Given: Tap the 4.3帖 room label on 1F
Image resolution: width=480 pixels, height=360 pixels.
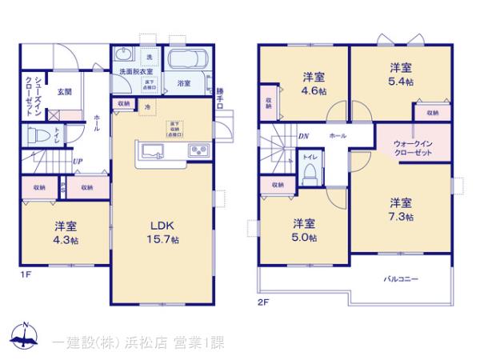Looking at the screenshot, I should [x=66, y=233].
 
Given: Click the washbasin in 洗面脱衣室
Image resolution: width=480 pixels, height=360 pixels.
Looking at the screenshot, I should [x=123, y=55].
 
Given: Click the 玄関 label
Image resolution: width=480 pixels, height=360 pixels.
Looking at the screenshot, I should [x=64, y=91].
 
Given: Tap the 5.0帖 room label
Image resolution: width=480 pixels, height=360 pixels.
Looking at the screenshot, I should [x=303, y=230].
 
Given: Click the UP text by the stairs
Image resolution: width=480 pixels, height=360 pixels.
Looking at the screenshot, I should [x=77, y=162].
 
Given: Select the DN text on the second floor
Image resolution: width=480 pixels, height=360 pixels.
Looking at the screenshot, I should [x=303, y=136].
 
